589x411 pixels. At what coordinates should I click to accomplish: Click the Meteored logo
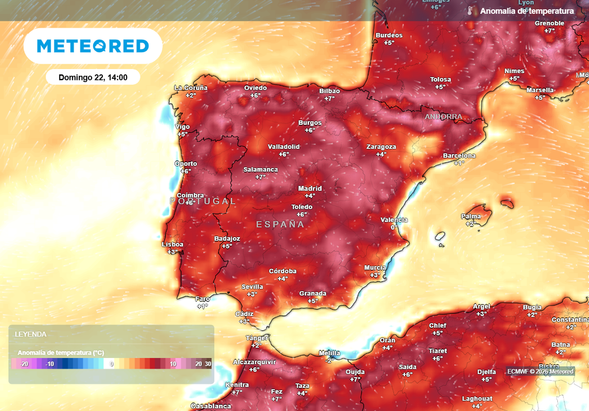point(93,46)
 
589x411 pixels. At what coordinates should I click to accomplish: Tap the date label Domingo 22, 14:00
point(93,77)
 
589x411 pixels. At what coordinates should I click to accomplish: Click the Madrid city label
point(309,188)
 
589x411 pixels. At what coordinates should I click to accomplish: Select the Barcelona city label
point(459,156)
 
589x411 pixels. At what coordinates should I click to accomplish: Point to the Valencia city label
point(394,220)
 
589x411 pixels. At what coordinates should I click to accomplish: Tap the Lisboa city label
point(173,245)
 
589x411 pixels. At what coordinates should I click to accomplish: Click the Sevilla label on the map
point(252,287)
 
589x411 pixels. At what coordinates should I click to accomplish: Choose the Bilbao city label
point(330,91)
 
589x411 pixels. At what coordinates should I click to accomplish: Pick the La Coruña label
point(191,88)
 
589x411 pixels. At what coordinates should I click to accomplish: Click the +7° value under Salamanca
point(261,177)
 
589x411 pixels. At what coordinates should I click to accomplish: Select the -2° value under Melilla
point(330,360)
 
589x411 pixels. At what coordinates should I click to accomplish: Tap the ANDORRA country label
point(443,116)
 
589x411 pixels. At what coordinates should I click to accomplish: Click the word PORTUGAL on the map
point(203,201)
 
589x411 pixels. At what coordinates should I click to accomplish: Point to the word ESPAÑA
point(280,224)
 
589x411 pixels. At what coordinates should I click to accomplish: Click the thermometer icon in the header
point(470,11)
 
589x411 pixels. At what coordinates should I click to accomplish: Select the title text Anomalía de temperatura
point(527,11)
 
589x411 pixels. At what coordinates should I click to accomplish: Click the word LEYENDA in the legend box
point(30,334)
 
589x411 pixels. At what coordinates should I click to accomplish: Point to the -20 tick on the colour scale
point(24,364)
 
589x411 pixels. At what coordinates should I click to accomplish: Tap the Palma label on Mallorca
point(471,216)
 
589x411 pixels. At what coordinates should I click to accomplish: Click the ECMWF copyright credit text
point(540,371)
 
